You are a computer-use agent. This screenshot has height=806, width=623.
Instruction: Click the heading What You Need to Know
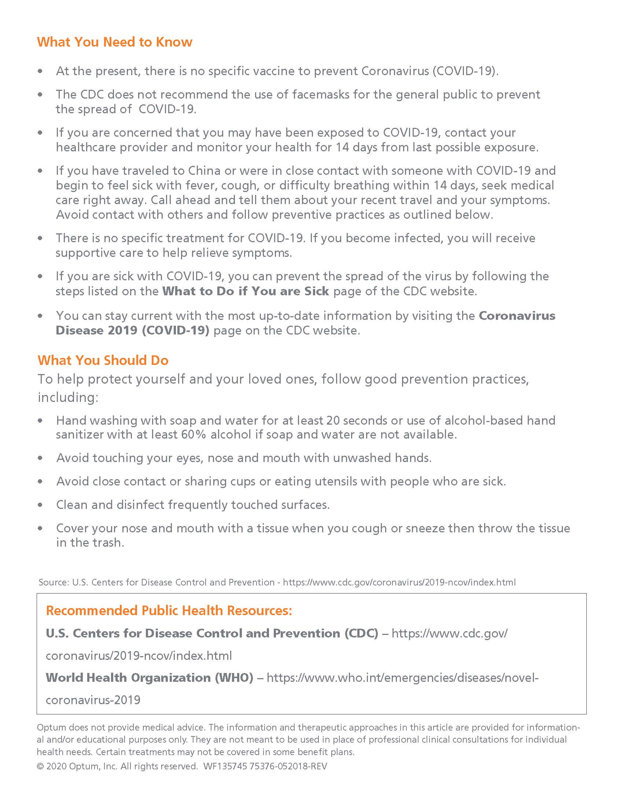(x=114, y=42)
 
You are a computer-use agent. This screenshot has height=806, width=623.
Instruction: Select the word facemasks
(x=320, y=95)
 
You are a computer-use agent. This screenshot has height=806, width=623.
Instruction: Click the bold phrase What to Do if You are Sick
(x=246, y=291)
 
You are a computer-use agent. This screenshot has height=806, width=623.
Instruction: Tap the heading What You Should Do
(x=103, y=360)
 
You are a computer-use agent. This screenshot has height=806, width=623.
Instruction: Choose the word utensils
(x=334, y=481)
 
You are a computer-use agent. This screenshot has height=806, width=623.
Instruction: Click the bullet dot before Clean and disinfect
(x=40, y=505)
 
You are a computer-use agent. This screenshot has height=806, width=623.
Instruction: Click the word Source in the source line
(x=53, y=583)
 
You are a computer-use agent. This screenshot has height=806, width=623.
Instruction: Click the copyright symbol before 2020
(x=40, y=766)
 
